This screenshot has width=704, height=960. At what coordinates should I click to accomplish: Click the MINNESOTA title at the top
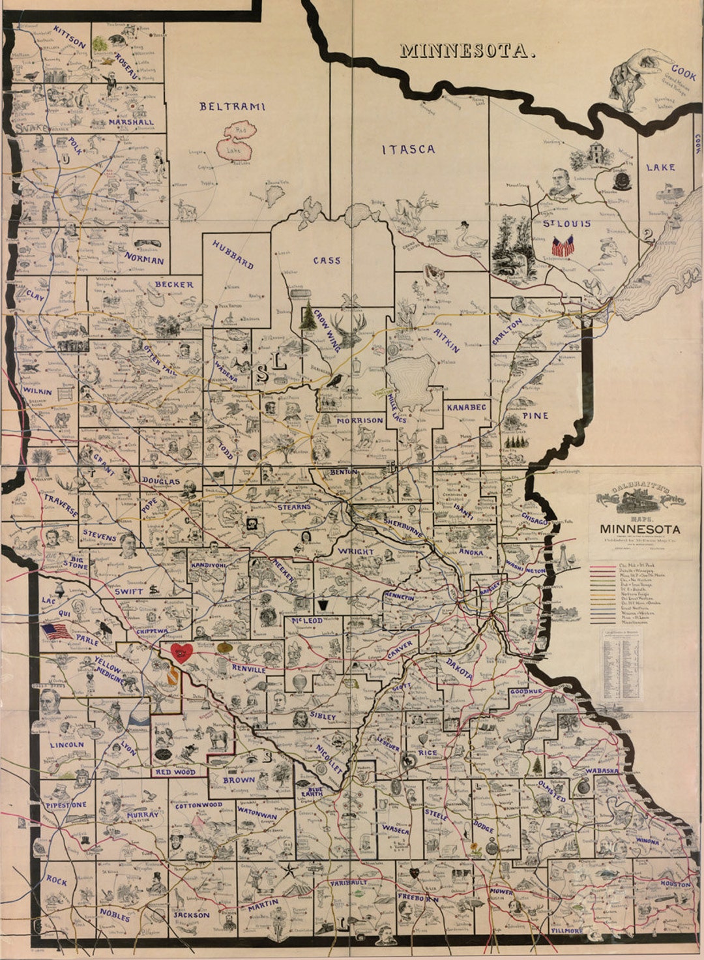coord(467,50)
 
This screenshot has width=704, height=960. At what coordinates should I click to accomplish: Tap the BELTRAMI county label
coord(233,106)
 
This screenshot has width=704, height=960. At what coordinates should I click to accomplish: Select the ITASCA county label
coord(408,149)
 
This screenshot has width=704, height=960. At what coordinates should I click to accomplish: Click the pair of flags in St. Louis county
coord(563,247)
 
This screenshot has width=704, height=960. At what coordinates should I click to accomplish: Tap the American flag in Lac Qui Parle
coord(57,631)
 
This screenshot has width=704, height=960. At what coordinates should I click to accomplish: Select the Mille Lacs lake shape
coord(410,384)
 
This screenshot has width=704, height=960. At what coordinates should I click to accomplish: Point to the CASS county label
coord(327,260)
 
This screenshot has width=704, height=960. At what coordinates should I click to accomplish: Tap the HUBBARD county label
coord(233,254)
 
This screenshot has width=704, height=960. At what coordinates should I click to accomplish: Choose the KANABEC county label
coord(466,407)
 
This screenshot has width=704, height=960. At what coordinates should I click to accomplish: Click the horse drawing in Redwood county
coord(217,738)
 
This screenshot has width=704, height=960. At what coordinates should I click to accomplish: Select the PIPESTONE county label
coord(66,805)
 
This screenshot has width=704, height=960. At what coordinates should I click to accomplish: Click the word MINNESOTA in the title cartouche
coord(639,529)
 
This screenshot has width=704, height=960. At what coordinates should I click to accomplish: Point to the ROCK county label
coord(57,880)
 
